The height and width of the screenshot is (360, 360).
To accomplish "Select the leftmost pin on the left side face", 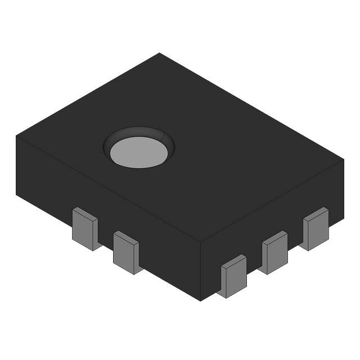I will click(x=84, y=228).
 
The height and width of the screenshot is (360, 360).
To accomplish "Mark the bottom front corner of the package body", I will click(x=201, y=300).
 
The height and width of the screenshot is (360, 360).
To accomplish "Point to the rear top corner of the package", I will click(x=159, y=53).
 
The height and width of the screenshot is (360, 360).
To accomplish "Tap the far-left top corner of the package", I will click(x=16, y=136).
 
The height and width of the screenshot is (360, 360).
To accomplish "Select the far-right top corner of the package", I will click(x=343, y=159).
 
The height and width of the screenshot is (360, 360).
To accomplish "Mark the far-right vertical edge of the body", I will click(x=343, y=189).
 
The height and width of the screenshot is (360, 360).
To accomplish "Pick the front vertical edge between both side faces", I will click(x=201, y=270).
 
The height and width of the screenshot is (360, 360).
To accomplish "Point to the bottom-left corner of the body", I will click(x=16, y=194).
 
